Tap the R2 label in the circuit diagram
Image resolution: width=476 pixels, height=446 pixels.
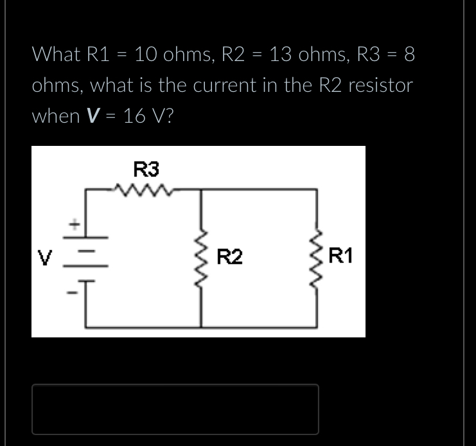229,258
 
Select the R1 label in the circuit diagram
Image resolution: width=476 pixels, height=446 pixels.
340,258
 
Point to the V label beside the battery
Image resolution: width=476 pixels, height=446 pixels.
46,258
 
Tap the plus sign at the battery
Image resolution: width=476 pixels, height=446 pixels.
75,224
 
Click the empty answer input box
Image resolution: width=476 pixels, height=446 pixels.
175,409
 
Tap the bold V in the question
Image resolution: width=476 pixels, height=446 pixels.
93,116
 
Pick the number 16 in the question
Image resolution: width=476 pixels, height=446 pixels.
137,116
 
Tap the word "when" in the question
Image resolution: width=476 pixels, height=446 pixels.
55,116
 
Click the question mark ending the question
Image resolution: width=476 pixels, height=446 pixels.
168,116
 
